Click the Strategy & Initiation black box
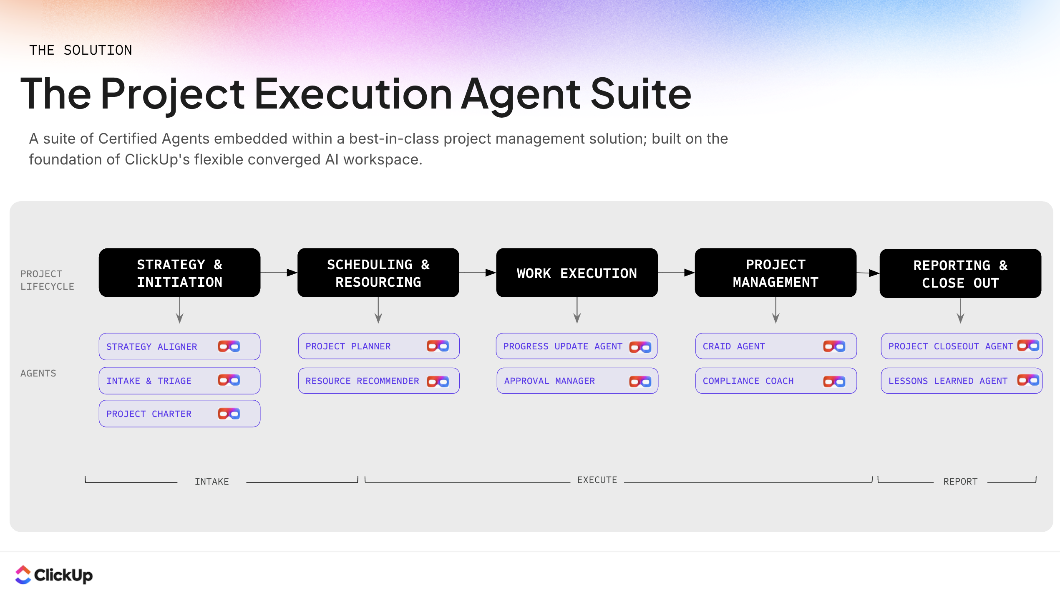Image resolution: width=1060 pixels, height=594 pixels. [x=179, y=273]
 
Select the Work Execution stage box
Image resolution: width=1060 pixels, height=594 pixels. [x=577, y=273]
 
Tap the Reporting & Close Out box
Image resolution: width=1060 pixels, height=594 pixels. [x=960, y=274]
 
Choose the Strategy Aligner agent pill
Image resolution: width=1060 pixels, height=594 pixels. [x=179, y=346]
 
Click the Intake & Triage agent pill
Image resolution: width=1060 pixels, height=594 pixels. [x=179, y=381]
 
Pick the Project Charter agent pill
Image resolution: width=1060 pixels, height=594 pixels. [x=179, y=414]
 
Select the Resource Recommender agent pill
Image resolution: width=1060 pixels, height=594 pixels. [x=378, y=381]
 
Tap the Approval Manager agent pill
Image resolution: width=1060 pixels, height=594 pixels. [x=577, y=381]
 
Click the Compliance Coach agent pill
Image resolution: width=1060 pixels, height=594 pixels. [x=775, y=381]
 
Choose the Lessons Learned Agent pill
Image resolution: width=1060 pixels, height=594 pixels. [x=961, y=381]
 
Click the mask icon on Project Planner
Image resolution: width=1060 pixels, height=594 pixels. [x=438, y=346]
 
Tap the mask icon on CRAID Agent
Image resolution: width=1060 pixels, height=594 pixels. [x=834, y=346]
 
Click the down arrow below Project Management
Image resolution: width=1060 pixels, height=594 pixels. [x=775, y=311]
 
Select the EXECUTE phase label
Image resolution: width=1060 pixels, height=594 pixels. [x=597, y=480]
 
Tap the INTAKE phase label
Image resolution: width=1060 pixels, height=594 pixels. [x=212, y=482]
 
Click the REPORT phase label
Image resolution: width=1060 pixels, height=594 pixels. [x=960, y=482]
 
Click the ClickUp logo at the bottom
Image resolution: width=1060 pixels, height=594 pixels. [x=54, y=575]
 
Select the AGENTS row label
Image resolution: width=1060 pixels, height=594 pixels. [x=38, y=373]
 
